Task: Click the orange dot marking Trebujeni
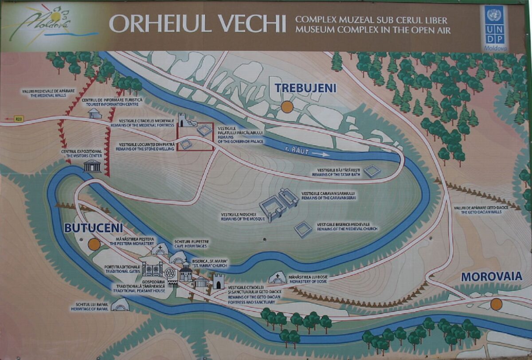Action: coord(287,106)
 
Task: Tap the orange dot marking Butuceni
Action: coord(94,244)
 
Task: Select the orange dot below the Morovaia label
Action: coord(496,304)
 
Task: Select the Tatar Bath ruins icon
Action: coord(372,171)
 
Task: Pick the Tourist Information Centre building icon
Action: coord(94,113)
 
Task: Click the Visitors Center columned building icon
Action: coord(92,166)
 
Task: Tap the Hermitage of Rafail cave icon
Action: coord(120,305)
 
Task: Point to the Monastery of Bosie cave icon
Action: coord(277,278)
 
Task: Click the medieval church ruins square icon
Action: coord(304,230)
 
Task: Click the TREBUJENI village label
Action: coord(305,88)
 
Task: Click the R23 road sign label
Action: coord(18,119)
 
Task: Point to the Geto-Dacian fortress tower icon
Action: coord(218,281)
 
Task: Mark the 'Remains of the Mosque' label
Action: coord(243,217)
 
